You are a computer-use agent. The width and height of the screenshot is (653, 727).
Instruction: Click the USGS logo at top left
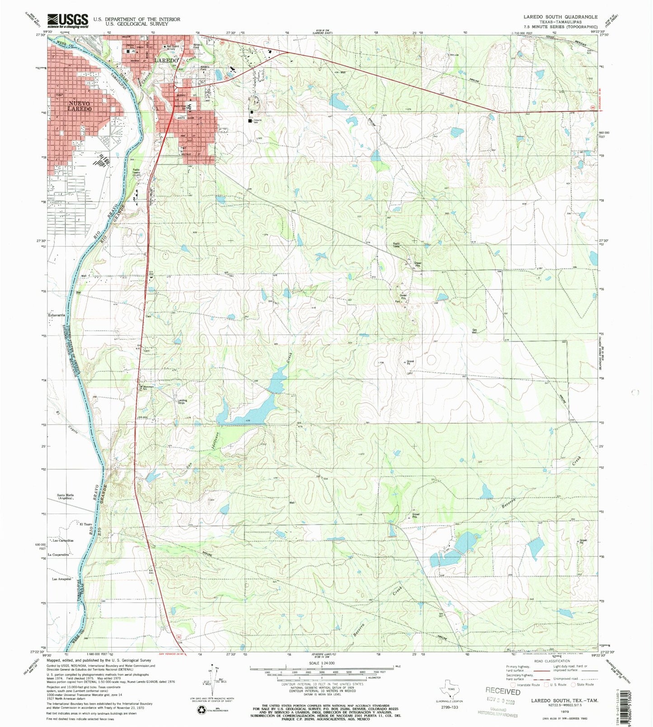coord(68,20)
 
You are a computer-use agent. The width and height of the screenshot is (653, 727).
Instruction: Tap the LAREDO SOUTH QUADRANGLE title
coord(560,17)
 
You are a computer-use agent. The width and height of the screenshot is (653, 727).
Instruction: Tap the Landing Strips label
coord(182,401)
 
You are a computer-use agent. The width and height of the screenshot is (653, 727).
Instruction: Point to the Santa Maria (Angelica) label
coord(65,496)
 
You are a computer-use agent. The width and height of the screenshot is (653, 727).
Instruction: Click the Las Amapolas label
coord(62,579)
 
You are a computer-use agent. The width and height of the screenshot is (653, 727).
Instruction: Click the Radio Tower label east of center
coord(396,245)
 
